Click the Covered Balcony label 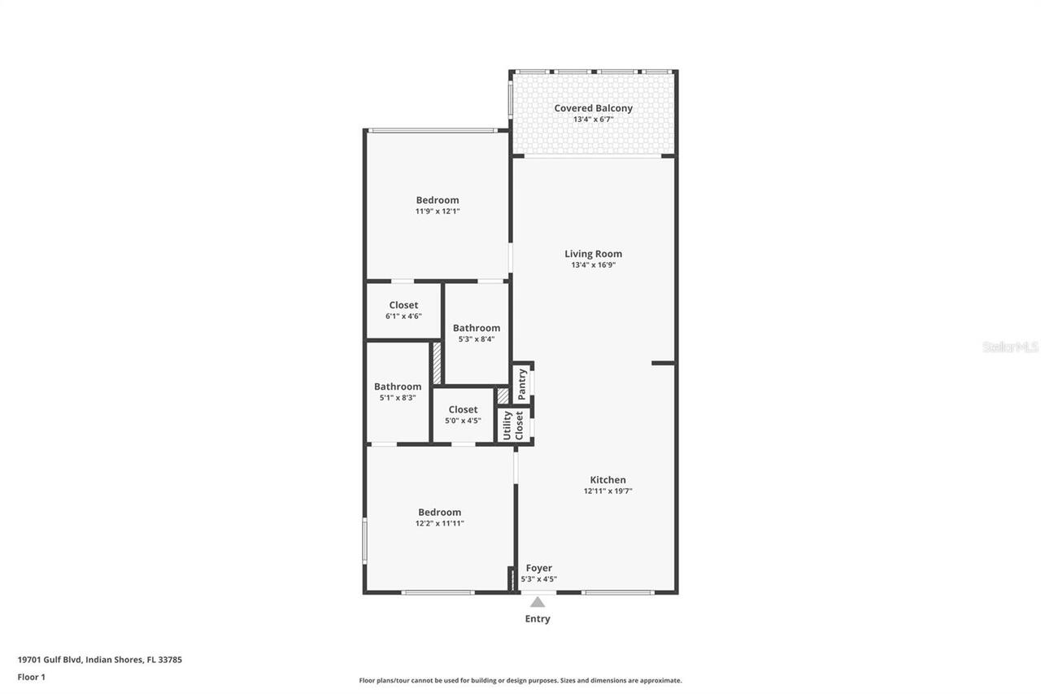point(593,108)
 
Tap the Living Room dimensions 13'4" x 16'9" point(593,265)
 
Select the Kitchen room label point(608,480)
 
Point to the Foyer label point(538,568)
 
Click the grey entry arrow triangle point(537,602)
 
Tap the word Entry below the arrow point(537,619)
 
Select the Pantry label point(522,383)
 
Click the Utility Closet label point(513,426)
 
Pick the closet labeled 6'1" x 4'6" point(403,310)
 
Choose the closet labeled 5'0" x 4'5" point(463,415)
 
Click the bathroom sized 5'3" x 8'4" point(477,334)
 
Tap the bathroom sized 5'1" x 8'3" point(398,392)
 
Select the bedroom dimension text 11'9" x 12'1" point(438,212)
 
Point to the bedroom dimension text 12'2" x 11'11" point(439,524)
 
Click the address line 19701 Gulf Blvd point(99,660)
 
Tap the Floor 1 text point(31,677)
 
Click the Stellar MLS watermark point(1010,347)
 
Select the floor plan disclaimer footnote point(520,680)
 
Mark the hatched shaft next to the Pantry point(503,395)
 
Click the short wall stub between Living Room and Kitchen point(663,363)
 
